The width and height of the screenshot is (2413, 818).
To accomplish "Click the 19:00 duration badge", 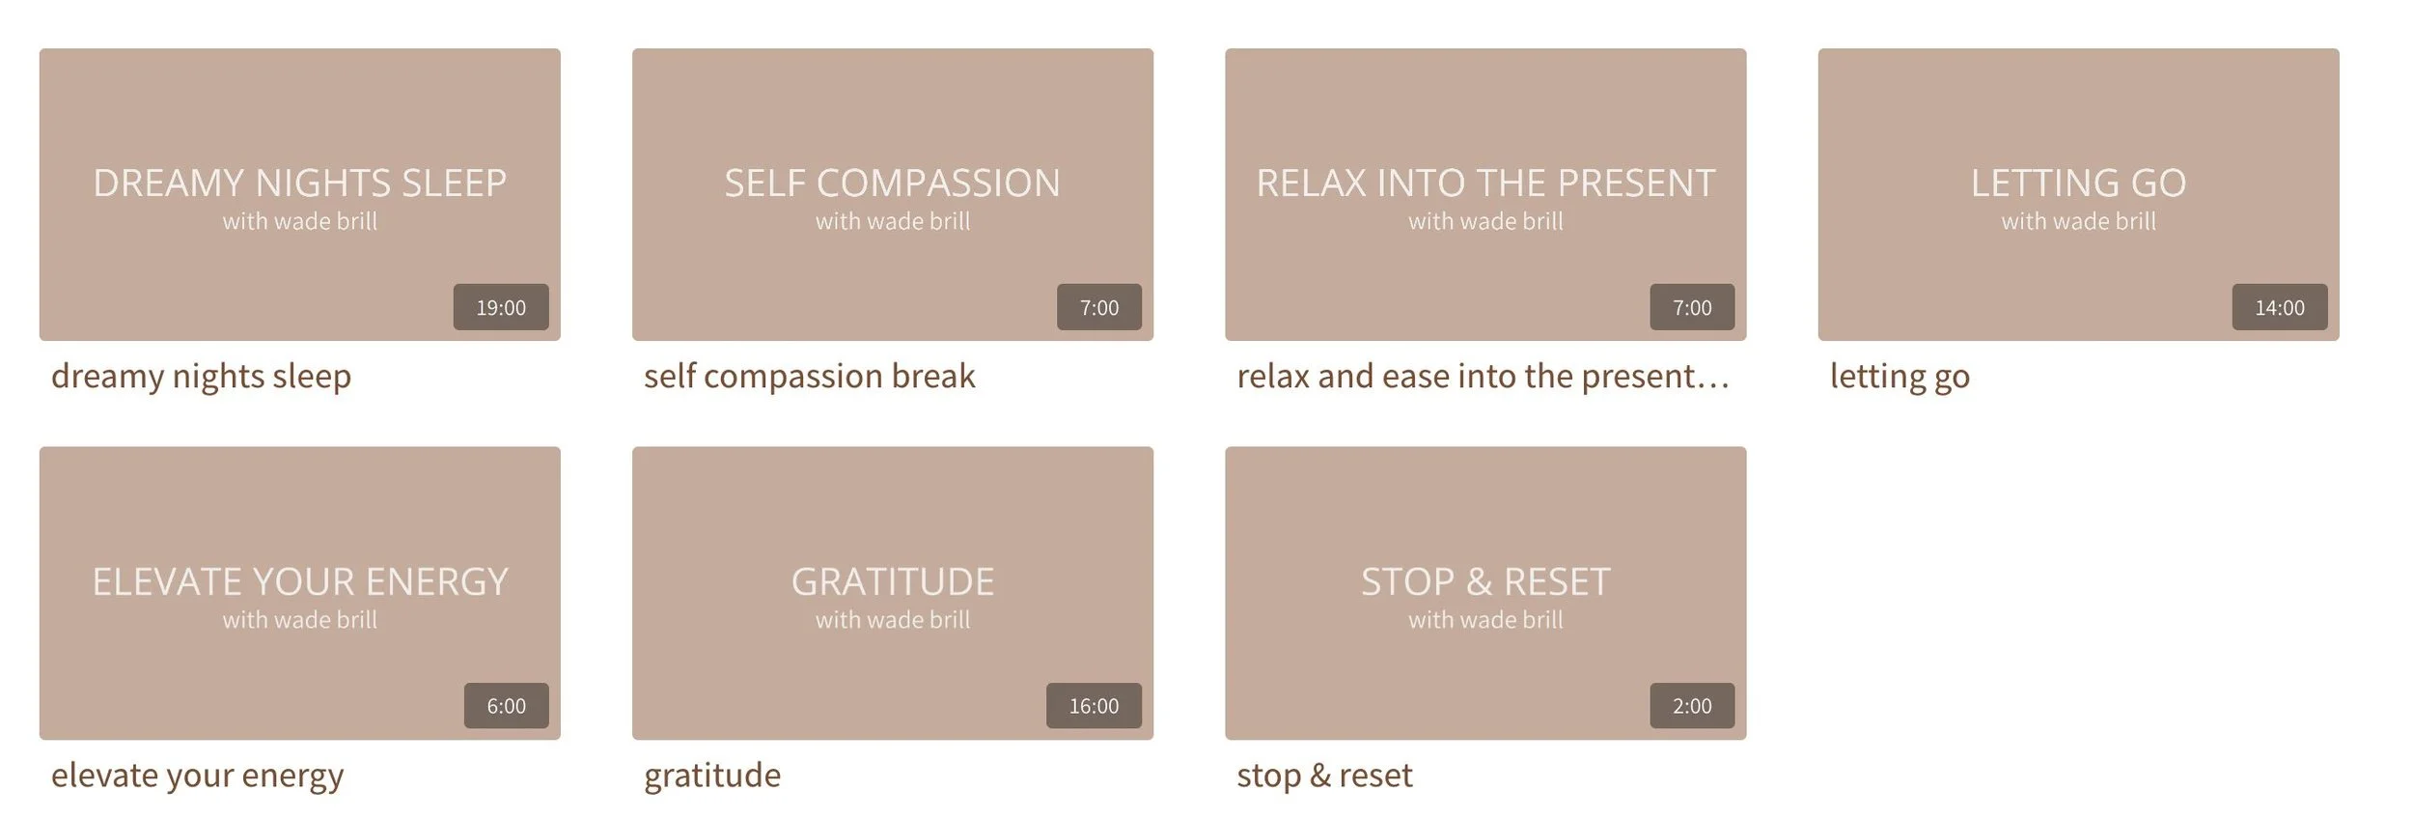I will (x=501, y=307).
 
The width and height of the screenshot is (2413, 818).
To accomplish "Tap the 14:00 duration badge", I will (x=2279, y=307).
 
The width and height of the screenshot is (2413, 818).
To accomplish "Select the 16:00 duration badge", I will (x=1094, y=706).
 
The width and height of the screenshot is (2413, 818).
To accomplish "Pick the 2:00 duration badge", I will (x=1692, y=706).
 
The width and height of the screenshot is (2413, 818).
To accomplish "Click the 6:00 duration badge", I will (x=506, y=706).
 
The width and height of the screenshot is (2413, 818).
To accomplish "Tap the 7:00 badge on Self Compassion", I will (x=1098, y=307).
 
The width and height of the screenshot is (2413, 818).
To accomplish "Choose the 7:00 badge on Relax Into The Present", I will (x=1692, y=307).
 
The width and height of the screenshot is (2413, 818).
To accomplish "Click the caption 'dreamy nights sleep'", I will (x=201, y=376).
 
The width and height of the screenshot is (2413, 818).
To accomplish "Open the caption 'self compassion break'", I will (x=809, y=376).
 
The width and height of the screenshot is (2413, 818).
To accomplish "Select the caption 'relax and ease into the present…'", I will (x=1483, y=376).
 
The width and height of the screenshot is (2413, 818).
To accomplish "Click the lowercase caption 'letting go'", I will (x=1900, y=376).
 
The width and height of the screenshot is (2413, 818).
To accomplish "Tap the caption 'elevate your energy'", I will (x=197, y=776).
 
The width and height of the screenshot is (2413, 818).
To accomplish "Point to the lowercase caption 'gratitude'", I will (x=712, y=776).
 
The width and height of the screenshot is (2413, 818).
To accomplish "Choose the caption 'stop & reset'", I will (x=1324, y=776).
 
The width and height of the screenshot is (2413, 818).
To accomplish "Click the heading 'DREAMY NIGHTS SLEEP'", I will (x=299, y=183).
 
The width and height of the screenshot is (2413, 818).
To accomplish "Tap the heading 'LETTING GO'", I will (x=2078, y=183).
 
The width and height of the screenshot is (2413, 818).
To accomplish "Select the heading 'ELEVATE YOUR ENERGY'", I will (x=299, y=581).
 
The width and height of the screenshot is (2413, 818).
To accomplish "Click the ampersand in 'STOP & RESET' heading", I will (x=1479, y=581).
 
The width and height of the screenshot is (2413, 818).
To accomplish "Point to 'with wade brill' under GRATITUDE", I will (x=893, y=620).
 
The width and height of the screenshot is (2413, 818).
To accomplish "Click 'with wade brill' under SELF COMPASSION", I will (x=893, y=221).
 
